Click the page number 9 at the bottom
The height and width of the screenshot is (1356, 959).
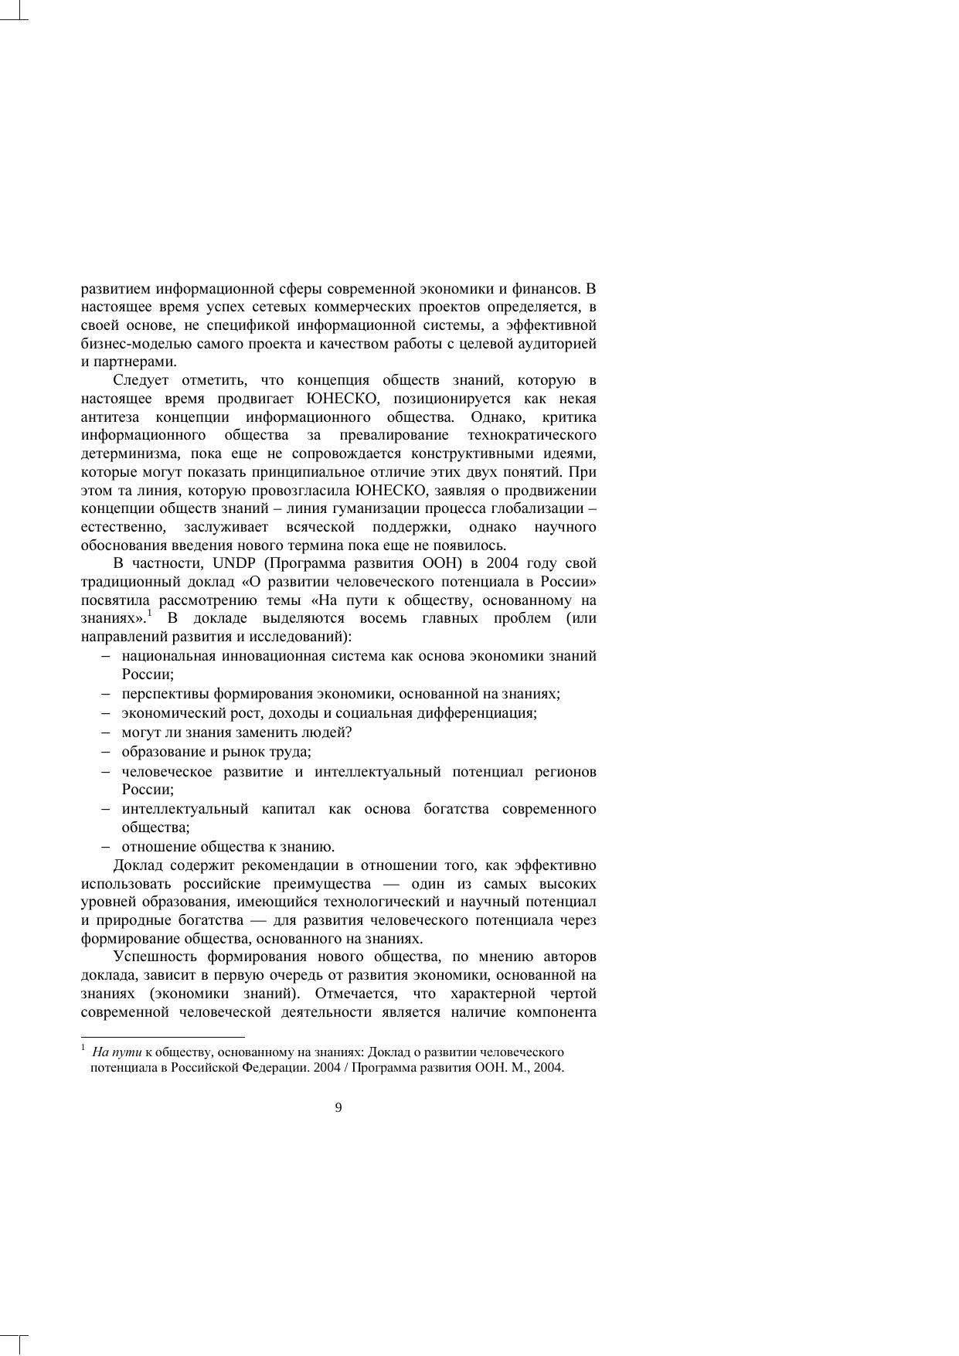click(338, 1108)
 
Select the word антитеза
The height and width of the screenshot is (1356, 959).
click(107, 417)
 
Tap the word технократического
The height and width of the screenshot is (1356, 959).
click(532, 436)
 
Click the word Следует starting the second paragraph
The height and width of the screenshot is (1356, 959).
click(141, 380)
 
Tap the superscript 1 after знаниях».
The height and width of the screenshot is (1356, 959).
click(150, 614)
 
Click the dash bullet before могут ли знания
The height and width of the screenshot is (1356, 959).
click(105, 732)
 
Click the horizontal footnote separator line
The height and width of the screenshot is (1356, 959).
click(162, 1037)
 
